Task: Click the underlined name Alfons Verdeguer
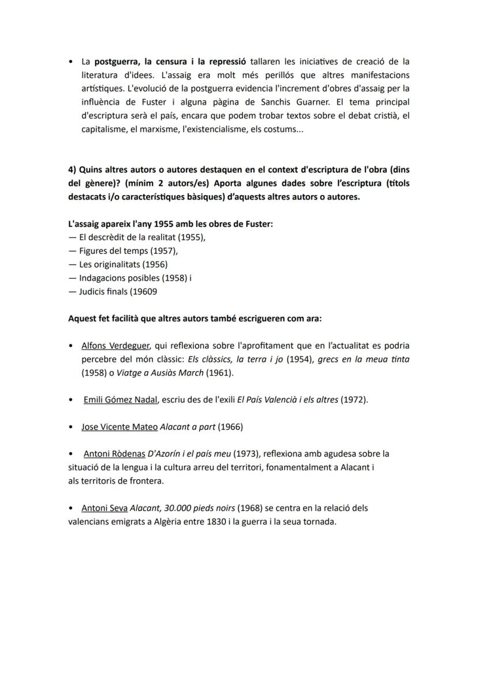click(x=116, y=346)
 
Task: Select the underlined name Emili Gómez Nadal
click(x=121, y=399)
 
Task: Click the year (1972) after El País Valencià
click(x=355, y=399)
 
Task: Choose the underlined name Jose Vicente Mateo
click(x=119, y=427)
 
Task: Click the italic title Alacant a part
click(x=188, y=427)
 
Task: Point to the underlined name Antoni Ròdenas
click(x=114, y=454)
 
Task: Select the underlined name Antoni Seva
click(x=104, y=508)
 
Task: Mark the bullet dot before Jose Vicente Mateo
click(x=70, y=427)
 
